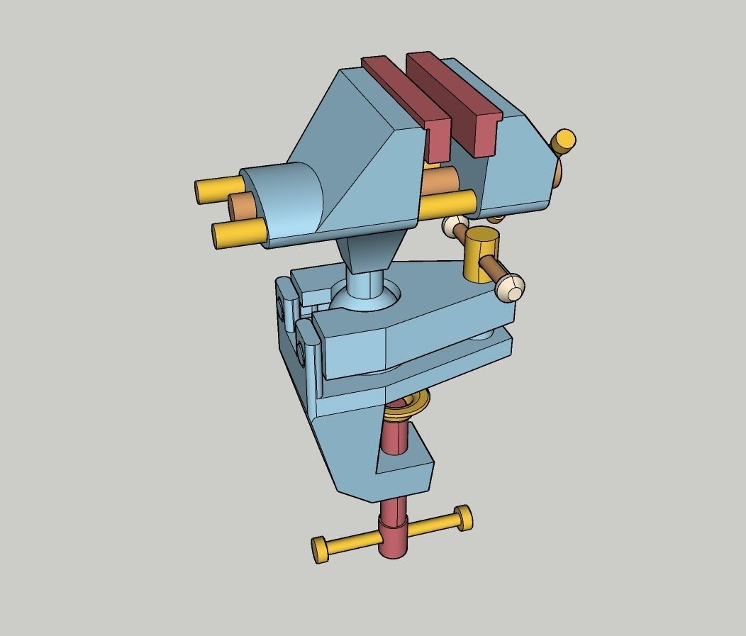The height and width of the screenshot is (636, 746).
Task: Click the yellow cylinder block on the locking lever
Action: [479, 254]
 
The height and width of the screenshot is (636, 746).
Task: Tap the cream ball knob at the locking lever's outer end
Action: [511, 288]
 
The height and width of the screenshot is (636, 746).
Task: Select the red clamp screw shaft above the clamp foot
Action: [394, 436]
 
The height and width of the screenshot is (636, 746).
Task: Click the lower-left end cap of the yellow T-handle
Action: [320, 549]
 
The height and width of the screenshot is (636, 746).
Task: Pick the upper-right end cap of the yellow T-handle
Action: [464, 517]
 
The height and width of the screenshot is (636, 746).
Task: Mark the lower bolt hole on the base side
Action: [303, 350]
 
